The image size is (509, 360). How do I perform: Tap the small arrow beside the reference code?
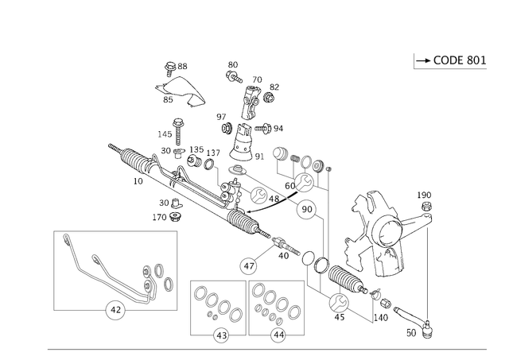click(420, 60)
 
